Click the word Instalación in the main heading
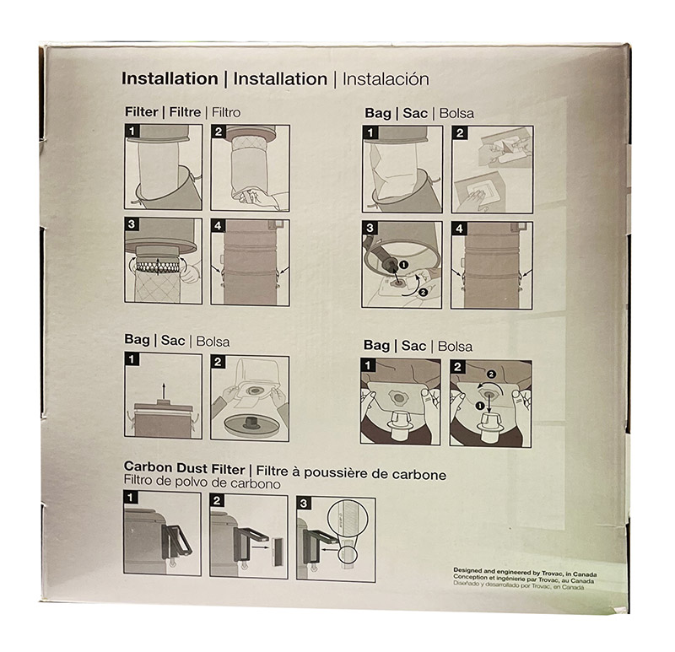click(386, 79)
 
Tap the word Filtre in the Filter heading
click(185, 112)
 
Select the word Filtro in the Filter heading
click(226, 113)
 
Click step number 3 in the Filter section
click(132, 224)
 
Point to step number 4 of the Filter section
click(218, 225)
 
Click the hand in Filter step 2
click(258, 198)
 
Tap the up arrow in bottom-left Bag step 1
click(163, 391)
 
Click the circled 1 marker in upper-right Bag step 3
click(403, 265)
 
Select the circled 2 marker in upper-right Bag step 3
click(423, 293)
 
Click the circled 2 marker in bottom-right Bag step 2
click(491, 374)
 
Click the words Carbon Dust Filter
click(184, 468)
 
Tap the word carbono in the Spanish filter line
click(256, 483)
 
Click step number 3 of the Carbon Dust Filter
click(304, 503)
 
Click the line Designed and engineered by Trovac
click(525, 573)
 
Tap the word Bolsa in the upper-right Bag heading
click(456, 114)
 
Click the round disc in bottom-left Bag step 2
click(250, 424)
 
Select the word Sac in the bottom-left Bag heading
click(173, 341)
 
